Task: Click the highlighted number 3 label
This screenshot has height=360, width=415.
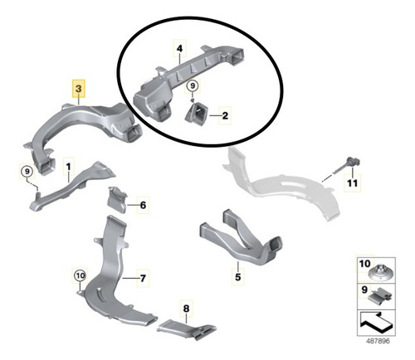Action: coord(79,89)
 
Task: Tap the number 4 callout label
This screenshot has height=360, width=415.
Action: coord(179,49)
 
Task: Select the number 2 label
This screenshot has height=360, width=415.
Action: coord(225,115)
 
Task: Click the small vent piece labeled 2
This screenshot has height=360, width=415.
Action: coord(197,114)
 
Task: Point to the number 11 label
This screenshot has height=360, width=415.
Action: coord(353,182)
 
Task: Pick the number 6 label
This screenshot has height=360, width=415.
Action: coord(143,205)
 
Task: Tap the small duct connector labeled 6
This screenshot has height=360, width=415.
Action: coord(117,200)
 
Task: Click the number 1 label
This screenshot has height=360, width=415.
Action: coord(68,167)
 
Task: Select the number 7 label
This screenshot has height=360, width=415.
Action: coord(143,278)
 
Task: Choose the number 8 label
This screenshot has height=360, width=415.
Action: coord(186,308)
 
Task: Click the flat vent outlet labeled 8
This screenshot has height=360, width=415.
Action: coord(187,329)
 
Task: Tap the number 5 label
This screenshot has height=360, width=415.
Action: coord(238,277)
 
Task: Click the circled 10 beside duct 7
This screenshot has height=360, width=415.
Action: coord(81,275)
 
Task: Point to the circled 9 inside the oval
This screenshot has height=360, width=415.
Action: coord(193,85)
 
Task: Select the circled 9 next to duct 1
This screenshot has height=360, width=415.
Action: coord(27,172)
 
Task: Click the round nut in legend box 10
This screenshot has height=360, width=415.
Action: coord(381,274)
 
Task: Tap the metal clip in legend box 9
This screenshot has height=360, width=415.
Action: coord(380,295)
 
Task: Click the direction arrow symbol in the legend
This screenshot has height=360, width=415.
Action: coord(376,322)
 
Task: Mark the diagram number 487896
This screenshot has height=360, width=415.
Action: coord(378,341)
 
